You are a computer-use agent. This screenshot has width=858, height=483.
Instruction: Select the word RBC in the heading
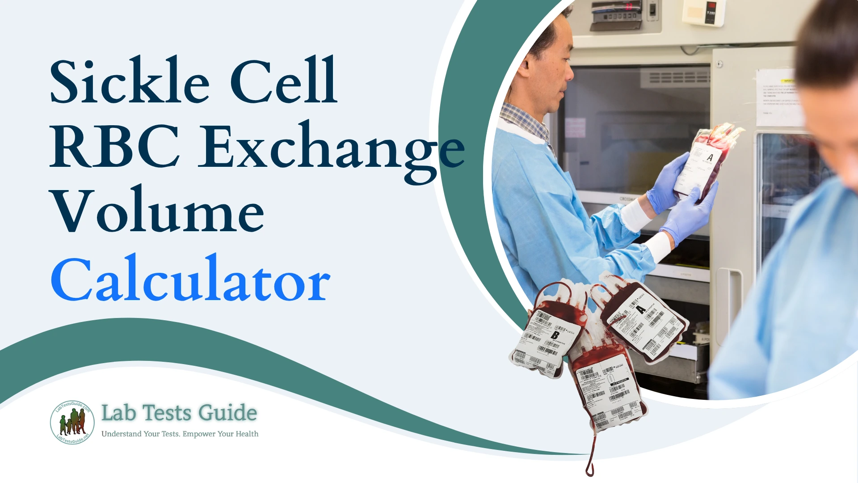[x=114, y=147]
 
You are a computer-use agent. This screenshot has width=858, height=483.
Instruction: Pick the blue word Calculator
[x=190, y=280]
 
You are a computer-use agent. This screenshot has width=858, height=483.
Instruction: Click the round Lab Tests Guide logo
[x=72, y=422]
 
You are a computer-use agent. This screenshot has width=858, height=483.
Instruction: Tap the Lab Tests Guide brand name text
[x=179, y=413]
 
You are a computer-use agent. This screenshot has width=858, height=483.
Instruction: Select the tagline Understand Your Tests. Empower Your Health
[x=180, y=434]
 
